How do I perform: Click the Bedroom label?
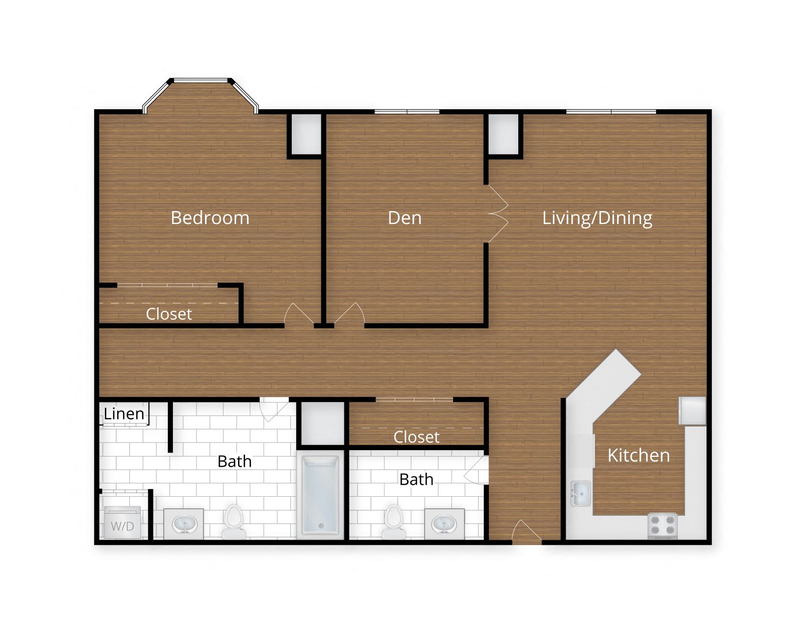[210, 218]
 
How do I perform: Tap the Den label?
[405, 218]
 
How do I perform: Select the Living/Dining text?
[597, 218]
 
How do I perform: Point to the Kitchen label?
[638, 455]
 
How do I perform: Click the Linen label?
[124, 414]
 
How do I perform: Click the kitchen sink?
[580, 494]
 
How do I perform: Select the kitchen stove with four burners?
[662, 525]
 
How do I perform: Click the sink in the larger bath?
[183, 524]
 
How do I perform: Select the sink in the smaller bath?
[444, 524]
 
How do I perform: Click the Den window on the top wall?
[407, 111]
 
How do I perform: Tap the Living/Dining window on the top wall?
[611, 111]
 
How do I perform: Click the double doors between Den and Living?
[498, 215]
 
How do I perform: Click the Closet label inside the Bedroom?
[168, 314]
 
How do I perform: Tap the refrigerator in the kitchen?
[692, 411]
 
